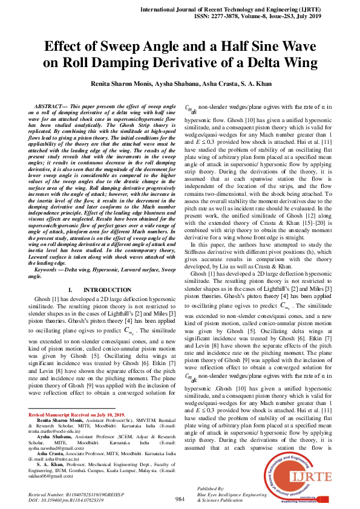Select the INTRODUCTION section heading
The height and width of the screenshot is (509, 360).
(x=103, y=290)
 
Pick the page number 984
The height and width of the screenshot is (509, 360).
(x=180, y=499)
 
